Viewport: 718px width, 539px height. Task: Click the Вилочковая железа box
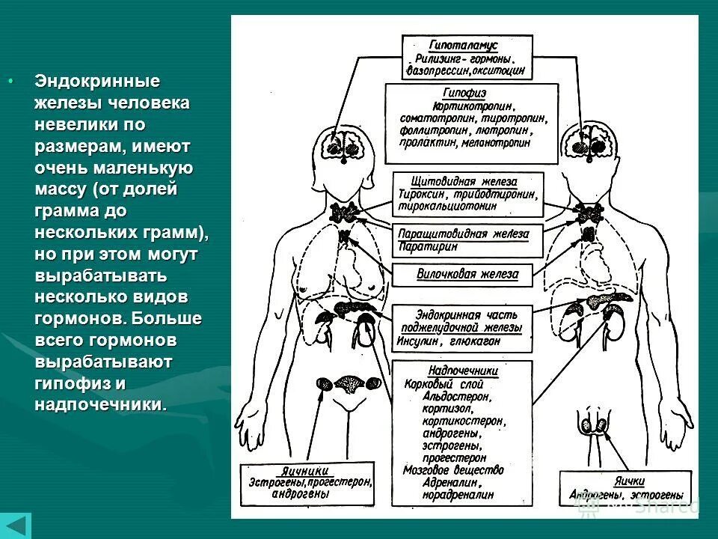click(467, 274)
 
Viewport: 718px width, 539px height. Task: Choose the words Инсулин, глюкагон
click(445, 341)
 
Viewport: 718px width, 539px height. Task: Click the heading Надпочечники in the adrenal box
click(463, 371)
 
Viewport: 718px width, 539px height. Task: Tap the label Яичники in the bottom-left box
click(306, 471)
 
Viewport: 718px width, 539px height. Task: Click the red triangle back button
click(16, 526)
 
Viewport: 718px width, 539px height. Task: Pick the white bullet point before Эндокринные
click(10, 81)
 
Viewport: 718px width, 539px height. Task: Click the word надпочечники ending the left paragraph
click(99, 404)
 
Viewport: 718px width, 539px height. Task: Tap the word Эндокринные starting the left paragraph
click(97, 81)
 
